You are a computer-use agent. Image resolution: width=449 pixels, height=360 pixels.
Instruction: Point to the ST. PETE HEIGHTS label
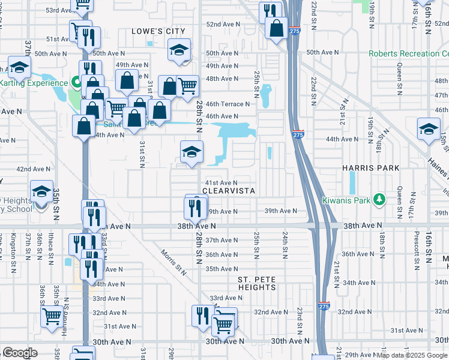257,283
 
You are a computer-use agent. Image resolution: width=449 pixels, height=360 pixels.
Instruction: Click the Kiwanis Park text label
348,199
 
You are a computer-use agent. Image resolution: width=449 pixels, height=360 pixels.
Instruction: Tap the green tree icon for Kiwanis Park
379,199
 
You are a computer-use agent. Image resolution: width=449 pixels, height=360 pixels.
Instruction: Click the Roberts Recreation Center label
408,53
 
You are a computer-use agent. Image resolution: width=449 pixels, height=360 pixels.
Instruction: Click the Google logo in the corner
20,353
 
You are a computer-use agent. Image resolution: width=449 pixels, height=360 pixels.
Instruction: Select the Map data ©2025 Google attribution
412,355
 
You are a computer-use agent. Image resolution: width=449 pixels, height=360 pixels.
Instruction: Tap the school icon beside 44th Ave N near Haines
429,129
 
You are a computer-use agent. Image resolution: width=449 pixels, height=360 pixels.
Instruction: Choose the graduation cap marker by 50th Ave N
179,52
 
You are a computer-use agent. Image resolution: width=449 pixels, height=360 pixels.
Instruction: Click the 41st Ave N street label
221,182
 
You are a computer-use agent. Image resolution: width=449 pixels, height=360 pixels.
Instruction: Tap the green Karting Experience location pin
76,82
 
